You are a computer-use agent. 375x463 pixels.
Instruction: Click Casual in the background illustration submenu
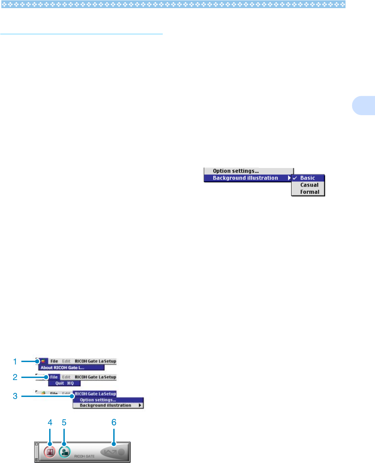pos(309,185)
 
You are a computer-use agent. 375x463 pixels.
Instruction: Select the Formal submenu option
pos(310,192)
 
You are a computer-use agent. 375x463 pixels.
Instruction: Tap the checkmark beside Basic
pos(295,178)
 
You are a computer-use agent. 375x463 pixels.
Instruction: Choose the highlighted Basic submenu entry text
pos(308,178)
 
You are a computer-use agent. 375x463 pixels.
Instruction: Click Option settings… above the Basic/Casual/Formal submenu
pos(236,171)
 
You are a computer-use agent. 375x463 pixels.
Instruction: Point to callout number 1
pos(15,362)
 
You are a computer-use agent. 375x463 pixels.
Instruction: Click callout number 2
pos(15,377)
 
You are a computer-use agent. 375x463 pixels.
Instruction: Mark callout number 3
pos(15,396)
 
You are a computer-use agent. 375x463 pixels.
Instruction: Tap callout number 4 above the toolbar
pos(50,422)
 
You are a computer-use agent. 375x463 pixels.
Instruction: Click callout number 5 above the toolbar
pos(64,422)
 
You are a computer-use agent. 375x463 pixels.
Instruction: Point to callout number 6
pos(114,422)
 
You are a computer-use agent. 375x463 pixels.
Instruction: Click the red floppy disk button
pos(50,452)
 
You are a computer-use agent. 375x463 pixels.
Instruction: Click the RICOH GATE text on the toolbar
pos(84,456)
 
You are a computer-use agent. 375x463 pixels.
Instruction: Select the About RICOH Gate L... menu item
pos(62,368)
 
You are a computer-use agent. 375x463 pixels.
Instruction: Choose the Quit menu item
pos(64,383)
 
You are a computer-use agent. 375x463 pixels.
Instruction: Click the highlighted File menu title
pos(54,377)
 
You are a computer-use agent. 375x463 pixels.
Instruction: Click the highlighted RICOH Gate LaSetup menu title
pos(95,394)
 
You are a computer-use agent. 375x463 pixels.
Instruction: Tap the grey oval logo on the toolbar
pos(113,452)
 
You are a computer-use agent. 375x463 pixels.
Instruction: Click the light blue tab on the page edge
pos(364,106)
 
